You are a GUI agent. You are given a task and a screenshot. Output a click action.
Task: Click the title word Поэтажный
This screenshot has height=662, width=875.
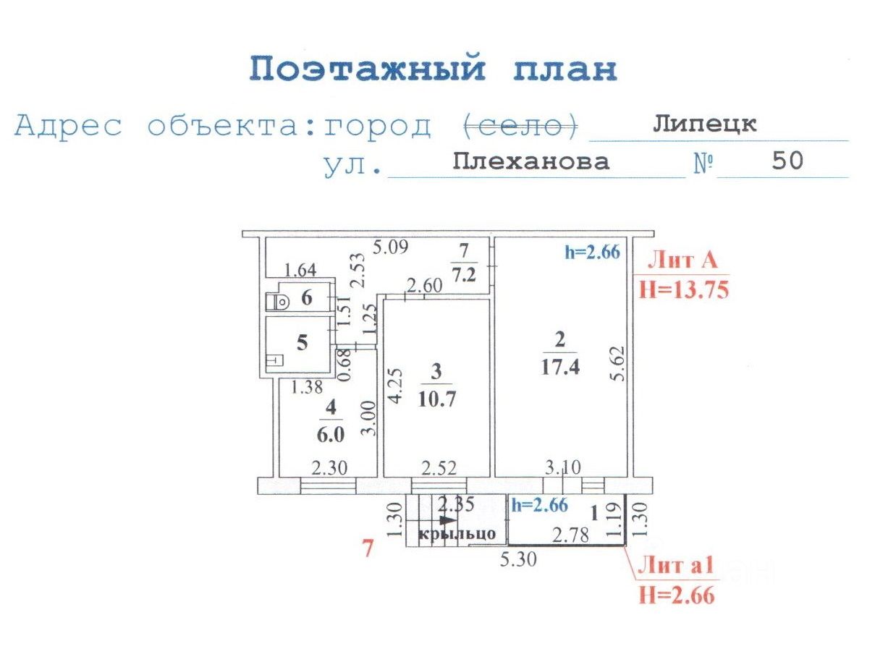coord(366,70)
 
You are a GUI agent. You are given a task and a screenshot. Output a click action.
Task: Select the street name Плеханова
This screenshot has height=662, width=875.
coord(531,161)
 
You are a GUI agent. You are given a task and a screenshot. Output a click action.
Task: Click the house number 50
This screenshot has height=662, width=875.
coord(787,161)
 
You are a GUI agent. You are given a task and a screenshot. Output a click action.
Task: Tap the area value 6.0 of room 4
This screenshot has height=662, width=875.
coord(331,435)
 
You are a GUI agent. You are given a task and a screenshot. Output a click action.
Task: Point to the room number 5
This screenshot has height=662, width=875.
coord(302,342)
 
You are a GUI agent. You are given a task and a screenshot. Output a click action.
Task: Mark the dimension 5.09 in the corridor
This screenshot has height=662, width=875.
coord(390,247)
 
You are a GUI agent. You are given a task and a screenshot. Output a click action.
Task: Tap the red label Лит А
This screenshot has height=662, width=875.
coord(681,260)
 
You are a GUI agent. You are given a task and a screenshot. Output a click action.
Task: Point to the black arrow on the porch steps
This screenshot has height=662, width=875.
coord(447,520)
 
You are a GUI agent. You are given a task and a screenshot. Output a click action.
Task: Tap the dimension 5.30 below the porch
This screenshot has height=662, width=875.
coord(519,559)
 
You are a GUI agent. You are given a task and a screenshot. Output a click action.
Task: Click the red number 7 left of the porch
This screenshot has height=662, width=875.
coord(368,548)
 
